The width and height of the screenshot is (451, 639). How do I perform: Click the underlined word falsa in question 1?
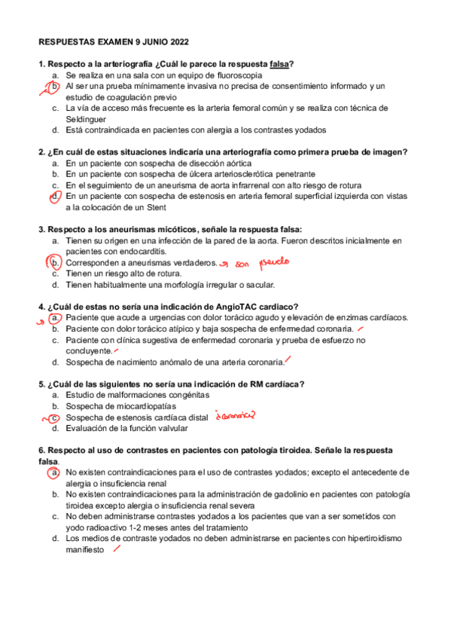tap(280, 64)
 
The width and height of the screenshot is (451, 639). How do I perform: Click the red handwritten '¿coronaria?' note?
tap(234, 415)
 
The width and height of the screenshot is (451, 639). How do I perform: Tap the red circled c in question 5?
tap(55, 417)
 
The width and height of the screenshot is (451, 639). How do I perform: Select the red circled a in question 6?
tap(55, 472)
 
